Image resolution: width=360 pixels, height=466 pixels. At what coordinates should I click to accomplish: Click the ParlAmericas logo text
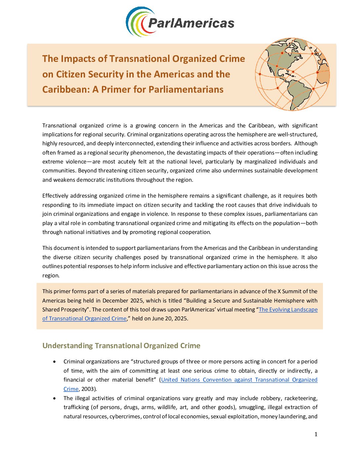tap(191, 23)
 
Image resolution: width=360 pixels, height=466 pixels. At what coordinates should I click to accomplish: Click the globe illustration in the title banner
tap(292, 74)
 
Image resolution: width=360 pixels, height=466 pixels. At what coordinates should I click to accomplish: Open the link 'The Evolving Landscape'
tap(288, 309)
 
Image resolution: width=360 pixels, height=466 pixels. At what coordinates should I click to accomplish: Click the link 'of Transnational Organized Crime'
tap(84, 318)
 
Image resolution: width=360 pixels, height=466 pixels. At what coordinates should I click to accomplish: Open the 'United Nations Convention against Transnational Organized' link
tap(239, 380)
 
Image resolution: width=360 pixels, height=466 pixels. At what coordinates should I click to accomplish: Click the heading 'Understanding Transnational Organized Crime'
tap(121, 346)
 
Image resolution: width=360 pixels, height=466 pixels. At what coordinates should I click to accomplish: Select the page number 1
tap(316, 434)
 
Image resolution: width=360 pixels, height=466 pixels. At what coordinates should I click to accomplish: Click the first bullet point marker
tap(55, 361)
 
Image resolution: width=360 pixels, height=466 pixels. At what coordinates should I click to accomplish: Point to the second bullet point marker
tap(55, 398)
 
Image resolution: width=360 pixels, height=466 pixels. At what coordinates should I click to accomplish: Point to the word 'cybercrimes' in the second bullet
tap(125, 416)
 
